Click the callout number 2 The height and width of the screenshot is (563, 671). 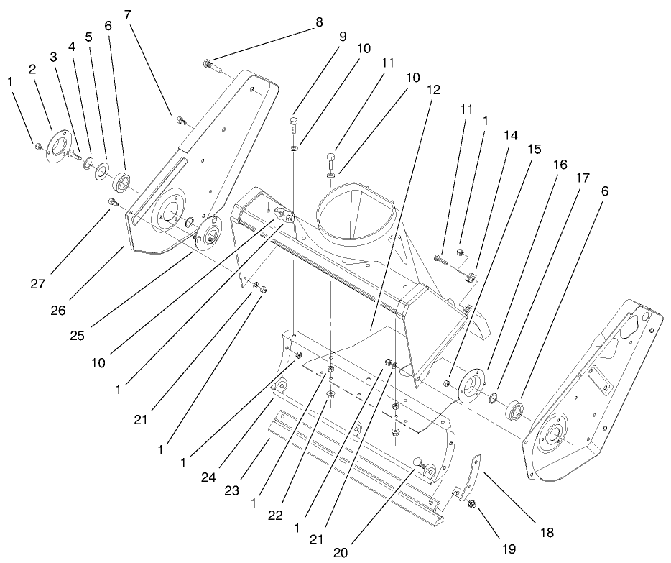[x=32, y=69]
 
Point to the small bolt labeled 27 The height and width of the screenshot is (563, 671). [x=112, y=203]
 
